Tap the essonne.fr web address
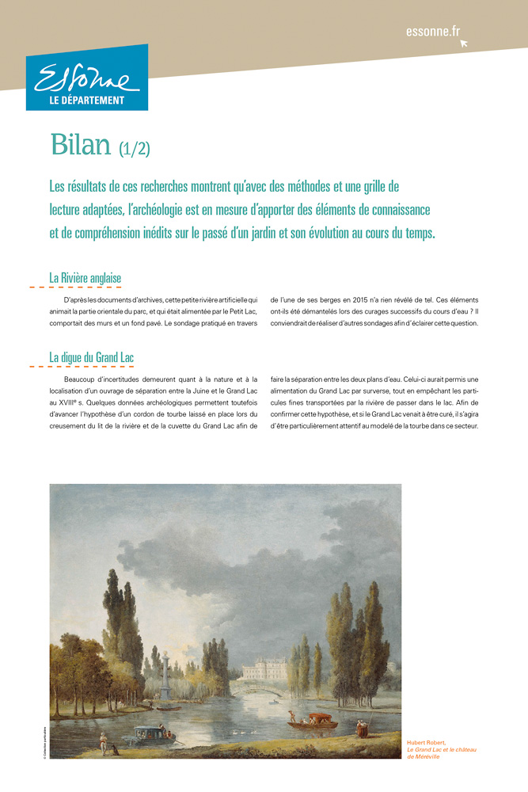432,31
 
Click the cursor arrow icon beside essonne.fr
464,43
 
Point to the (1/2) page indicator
135,147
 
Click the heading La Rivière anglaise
85,278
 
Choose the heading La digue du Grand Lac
91,357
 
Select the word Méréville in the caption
424,756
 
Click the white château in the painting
264,669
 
